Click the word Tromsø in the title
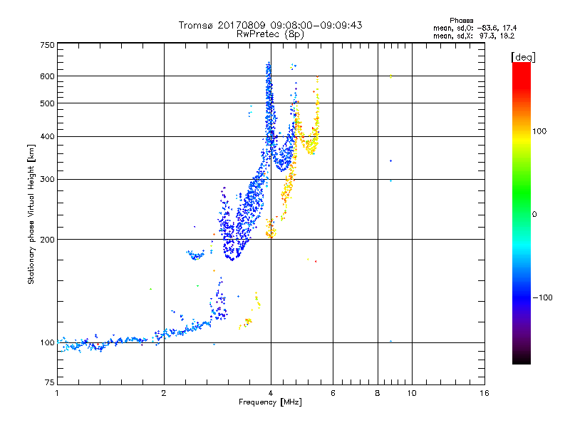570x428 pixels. [x=197, y=25]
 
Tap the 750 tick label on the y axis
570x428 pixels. [x=47, y=44]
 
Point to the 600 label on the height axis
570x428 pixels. [x=47, y=76]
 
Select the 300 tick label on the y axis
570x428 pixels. [x=47, y=179]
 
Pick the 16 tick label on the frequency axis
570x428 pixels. [x=484, y=393]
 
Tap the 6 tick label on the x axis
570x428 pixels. [x=333, y=393]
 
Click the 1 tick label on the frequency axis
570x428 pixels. [x=57, y=393]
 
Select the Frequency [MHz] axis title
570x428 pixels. [x=270, y=403]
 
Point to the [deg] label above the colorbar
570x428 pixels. [x=523, y=56]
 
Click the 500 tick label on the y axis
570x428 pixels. [x=47, y=103]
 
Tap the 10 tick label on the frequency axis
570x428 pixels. [x=411, y=393]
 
